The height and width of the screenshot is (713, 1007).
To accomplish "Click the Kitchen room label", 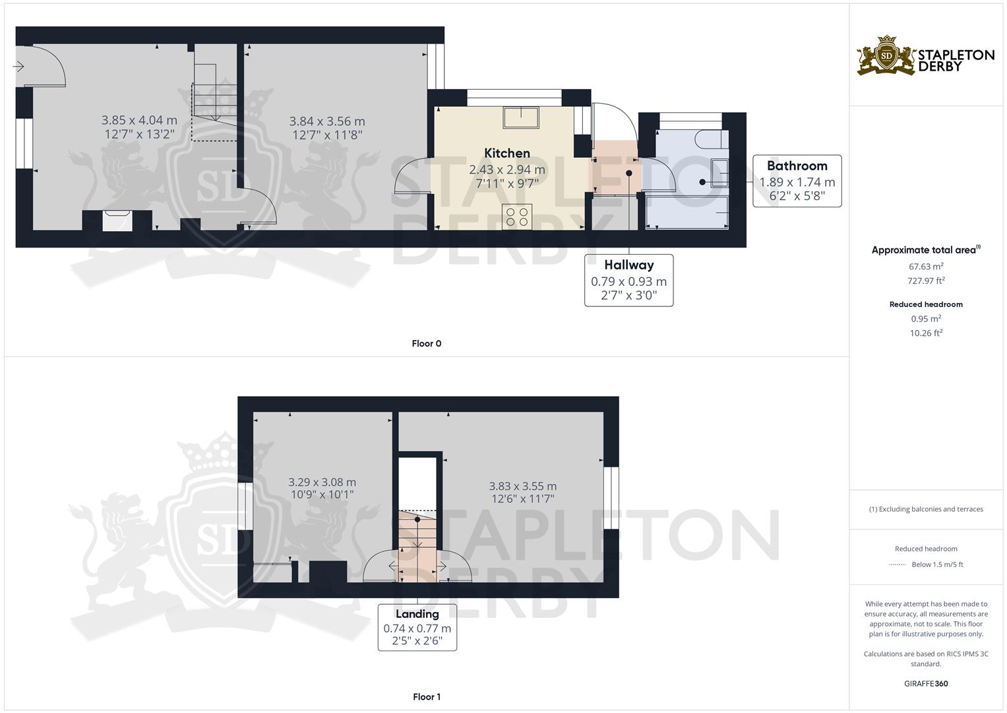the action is point(506,153).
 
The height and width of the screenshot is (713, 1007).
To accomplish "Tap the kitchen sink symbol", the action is point(521,117).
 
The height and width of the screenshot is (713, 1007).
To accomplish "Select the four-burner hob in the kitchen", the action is point(517,217).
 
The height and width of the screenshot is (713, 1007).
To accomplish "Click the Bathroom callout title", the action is point(797,166).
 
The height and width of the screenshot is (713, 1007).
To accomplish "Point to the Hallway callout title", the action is point(628,265).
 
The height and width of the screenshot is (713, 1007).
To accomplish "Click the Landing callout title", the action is point(417,614).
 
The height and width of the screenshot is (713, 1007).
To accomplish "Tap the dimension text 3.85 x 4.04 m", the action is point(139,120).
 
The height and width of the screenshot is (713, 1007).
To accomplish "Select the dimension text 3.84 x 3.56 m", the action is point(327,121).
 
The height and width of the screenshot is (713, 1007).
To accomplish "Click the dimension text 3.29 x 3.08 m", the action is point(322,482).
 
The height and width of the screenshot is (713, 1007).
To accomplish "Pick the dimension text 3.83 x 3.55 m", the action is point(523,486).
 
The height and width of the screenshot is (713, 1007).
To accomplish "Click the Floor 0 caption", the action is point(426,343).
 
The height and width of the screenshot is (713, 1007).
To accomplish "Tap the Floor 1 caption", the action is point(426,696).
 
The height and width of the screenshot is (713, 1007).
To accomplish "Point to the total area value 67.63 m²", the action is point(926,266).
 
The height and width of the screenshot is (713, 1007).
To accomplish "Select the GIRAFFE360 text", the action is point(926,683).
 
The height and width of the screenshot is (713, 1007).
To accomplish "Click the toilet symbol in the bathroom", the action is point(712,139).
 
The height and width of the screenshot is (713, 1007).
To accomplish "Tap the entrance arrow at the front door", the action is point(18,67).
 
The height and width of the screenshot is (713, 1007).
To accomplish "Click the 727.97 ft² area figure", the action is point(926,281).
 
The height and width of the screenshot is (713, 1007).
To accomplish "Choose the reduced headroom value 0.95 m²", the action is point(926,318).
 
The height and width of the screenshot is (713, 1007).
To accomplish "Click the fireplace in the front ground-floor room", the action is point(117,221).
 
